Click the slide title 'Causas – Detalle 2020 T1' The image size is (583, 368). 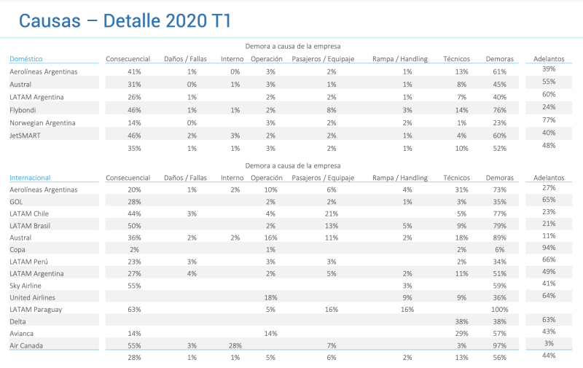(125, 20)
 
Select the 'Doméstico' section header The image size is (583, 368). (26, 58)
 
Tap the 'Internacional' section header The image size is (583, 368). (30, 177)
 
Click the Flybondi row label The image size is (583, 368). (24, 110)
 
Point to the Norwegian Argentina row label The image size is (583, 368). (42, 122)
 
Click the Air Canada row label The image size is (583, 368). (27, 344)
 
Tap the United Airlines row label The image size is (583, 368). (32, 297)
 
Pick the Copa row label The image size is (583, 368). (17, 249)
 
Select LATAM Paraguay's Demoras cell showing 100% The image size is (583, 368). (499, 309)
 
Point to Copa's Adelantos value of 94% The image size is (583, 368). (549, 247)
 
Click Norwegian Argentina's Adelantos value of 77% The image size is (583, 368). (549, 120)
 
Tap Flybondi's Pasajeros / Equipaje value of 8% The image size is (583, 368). (332, 110)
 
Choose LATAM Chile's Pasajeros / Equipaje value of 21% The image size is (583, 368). (332, 214)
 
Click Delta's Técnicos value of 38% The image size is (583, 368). (461, 321)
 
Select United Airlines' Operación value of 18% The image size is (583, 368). (270, 297)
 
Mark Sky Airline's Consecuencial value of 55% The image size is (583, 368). (134, 286)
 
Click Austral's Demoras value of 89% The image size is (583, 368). (499, 238)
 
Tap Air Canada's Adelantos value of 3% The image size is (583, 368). (549, 342)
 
